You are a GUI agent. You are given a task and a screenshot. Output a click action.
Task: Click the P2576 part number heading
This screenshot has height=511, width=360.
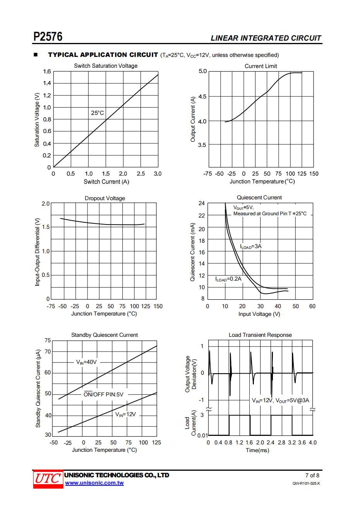(x=48, y=37)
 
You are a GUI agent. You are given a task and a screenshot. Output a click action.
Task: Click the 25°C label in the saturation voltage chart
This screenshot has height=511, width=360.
(x=98, y=113)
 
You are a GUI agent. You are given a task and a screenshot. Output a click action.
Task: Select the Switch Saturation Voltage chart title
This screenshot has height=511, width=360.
(x=106, y=66)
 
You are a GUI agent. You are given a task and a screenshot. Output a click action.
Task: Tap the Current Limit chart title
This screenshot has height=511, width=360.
(x=261, y=66)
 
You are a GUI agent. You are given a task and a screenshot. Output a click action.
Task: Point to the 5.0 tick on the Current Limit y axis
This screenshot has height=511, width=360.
(x=203, y=71)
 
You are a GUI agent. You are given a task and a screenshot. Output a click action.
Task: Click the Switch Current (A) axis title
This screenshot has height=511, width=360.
(x=106, y=182)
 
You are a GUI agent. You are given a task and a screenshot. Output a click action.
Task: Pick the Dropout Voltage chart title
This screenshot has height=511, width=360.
(x=105, y=198)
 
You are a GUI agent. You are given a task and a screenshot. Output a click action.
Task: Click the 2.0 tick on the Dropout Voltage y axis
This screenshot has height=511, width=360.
(x=46, y=204)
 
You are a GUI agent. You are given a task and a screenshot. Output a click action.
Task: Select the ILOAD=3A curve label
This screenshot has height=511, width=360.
(x=251, y=246)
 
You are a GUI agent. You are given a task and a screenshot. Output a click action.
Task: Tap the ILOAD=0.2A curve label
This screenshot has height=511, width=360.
(x=228, y=279)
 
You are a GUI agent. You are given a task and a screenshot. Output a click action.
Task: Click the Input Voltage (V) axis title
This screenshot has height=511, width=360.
(x=259, y=314)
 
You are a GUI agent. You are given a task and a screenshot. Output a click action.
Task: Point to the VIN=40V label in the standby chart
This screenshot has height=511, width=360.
(x=86, y=362)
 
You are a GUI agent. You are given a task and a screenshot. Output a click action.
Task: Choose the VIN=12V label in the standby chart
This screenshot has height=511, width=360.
(x=125, y=414)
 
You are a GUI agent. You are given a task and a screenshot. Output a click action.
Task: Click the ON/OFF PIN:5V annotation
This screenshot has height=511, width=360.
(x=103, y=394)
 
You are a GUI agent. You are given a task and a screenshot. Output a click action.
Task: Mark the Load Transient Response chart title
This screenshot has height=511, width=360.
(x=260, y=335)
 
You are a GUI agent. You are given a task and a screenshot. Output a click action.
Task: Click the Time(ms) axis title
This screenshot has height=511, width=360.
(x=257, y=450)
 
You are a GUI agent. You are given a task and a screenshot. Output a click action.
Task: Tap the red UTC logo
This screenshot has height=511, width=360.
(x=48, y=479)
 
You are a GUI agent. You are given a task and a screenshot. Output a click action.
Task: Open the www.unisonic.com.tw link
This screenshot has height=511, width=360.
(x=94, y=483)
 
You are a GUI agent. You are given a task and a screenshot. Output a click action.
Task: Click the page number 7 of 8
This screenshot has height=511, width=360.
(x=312, y=475)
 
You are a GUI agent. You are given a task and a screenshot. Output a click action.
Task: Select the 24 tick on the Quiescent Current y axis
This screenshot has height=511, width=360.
(x=202, y=203)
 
